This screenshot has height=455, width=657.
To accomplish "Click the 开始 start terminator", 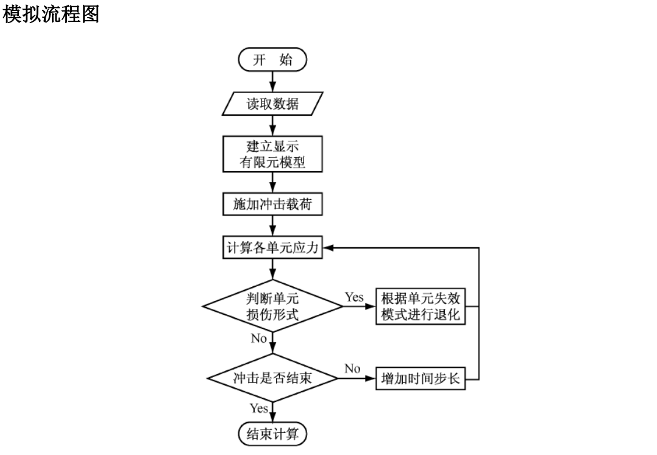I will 272,60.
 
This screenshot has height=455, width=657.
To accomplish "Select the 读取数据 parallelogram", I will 272,104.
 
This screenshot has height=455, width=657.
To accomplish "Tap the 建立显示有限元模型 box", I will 272,154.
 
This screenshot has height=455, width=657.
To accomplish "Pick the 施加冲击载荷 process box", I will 272,205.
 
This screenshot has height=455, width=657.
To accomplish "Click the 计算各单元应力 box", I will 272,248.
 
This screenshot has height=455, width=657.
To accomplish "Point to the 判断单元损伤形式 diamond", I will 272,306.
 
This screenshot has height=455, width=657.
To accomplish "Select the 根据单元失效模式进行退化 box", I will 421,306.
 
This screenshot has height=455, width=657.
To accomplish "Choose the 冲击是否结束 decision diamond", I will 272,378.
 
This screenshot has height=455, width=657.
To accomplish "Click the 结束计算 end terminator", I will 272,434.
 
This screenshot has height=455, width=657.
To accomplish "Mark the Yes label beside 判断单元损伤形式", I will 354,297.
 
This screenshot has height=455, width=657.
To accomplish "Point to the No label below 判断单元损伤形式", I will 259,339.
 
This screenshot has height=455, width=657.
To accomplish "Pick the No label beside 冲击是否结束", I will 352,369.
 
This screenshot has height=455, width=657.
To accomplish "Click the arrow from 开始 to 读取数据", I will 272,79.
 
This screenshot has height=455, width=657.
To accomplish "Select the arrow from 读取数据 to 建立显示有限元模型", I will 272,125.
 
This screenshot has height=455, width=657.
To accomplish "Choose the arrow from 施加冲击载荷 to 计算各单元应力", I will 272,226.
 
